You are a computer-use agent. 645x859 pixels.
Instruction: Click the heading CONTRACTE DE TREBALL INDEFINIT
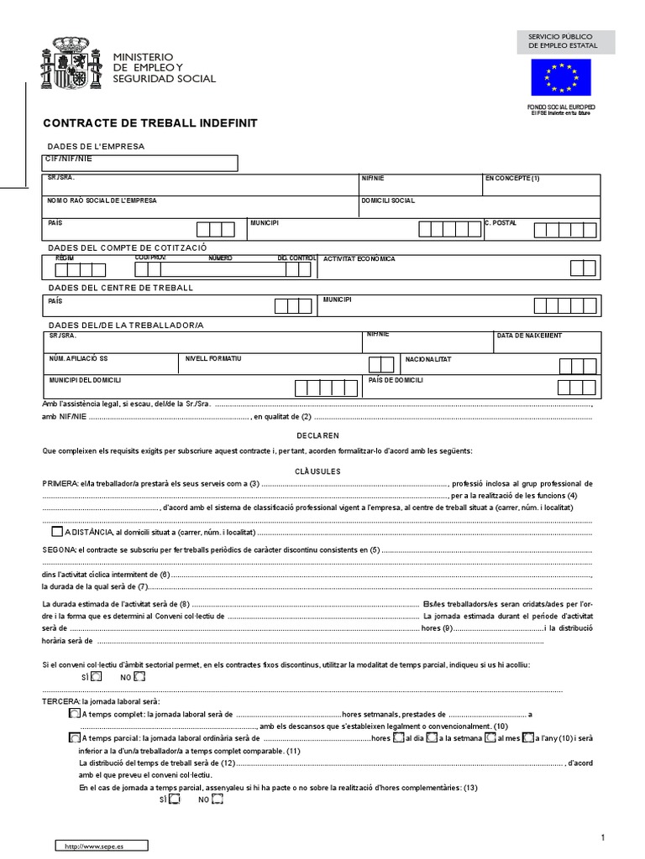[150, 123]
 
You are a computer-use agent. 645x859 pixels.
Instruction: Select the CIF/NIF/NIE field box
[140, 163]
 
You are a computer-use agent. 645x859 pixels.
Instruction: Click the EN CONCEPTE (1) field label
[512, 179]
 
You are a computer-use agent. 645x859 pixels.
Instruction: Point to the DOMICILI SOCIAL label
[388, 201]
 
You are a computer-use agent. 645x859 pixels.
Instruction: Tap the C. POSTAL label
[501, 223]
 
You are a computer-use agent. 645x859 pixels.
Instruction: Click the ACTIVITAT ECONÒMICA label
[359, 259]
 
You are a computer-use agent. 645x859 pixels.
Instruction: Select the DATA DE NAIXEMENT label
[529, 336]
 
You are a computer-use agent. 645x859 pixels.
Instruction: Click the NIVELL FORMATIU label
[213, 358]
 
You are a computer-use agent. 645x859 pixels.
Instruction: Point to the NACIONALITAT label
[428, 359]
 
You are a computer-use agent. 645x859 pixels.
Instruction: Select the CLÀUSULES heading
[317, 471]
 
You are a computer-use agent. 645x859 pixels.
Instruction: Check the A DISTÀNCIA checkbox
[56, 531]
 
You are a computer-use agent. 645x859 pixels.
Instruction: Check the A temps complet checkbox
[73, 713]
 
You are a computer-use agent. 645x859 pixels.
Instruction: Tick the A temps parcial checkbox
[73, 738]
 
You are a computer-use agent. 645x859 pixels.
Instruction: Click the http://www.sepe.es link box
[101, 846]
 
